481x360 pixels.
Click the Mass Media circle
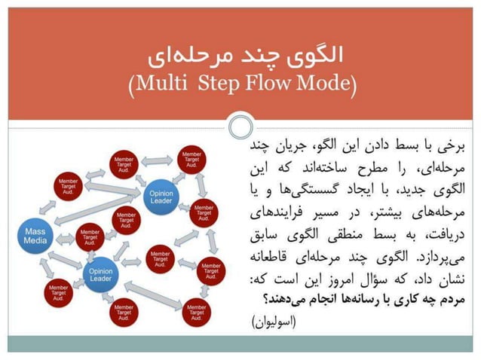coord(36,233)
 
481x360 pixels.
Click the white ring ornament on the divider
coord(240,125)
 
